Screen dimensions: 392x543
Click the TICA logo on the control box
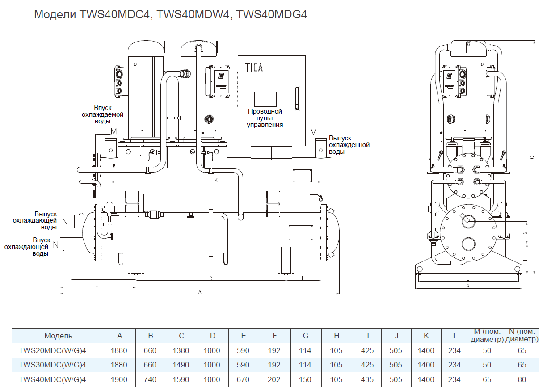254,68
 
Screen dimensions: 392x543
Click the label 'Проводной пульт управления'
265,118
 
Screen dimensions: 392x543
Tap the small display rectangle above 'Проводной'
265,99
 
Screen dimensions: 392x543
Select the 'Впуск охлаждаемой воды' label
102,114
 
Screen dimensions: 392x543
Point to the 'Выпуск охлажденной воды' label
349,145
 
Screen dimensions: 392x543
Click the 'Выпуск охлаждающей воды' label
35,220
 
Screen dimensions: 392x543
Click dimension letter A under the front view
200,291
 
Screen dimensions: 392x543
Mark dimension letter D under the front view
211,278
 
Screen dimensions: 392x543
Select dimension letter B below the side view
467,287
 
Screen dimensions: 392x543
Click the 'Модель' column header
58,336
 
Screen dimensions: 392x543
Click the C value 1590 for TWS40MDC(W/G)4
181,379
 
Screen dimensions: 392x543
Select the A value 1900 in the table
119,379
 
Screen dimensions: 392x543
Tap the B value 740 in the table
150,379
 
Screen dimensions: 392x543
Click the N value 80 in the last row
522,379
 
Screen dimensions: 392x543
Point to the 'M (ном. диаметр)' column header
487,336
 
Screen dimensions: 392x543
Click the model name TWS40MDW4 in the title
194,15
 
